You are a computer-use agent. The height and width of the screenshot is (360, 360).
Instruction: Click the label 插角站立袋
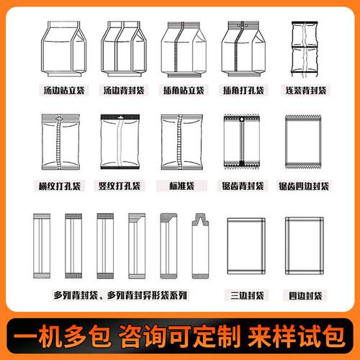[x=184, y=91]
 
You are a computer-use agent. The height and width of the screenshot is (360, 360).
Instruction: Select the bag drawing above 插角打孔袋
[x=243, y=49]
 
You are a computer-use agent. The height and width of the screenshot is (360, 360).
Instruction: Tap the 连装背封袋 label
[x=306, y=91]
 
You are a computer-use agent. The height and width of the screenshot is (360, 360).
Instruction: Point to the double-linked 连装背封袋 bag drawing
[x=305, y=49]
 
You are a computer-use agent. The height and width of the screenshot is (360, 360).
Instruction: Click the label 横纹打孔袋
[x=60, y=186]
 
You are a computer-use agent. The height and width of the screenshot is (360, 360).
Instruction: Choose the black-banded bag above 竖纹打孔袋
[x=120, y=142]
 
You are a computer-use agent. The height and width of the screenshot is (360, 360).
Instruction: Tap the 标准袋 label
[x=181, y=186]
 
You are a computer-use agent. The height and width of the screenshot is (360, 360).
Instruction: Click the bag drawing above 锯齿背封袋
[x=242, y=142]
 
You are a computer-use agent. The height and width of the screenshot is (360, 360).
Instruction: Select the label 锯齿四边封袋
[x=304, y=186]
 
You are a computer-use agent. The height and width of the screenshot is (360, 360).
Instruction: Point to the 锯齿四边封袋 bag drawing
[x=304, y=142]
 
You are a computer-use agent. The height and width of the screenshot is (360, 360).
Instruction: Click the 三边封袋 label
[x=247, y=295]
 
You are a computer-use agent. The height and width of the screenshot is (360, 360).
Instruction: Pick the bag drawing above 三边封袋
[x=246, y=246]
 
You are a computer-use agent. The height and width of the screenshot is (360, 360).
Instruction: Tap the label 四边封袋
[x=305, y=295]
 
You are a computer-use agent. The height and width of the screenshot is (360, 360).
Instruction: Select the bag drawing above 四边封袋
[x=305, y=246]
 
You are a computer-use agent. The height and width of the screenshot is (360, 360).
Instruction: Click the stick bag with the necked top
[x=200, y=246]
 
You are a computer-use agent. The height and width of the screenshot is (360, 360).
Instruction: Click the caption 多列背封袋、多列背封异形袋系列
[x=120, y=295]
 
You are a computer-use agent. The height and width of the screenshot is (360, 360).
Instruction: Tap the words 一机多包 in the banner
[x=62, y=336]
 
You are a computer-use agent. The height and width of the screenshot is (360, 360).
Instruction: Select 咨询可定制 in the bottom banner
[x=180, y=336]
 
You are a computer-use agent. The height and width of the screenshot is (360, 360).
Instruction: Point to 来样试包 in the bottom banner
[x=297, y=336]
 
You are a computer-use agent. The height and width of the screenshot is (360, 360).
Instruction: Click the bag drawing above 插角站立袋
[x=184, y=49]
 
